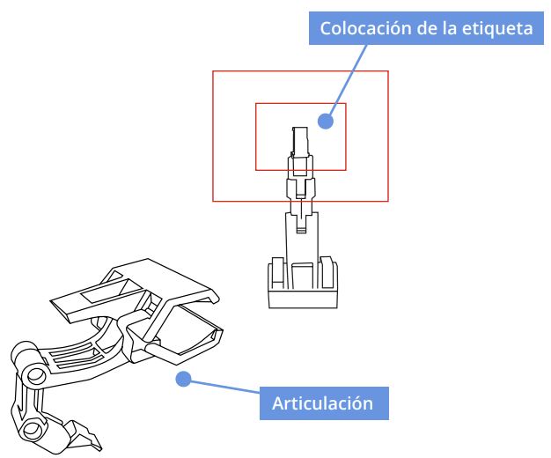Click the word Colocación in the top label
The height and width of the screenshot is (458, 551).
tap(365, 28)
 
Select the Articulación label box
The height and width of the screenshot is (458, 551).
tap(324, 403)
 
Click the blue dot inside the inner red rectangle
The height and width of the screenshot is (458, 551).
tap(326, 122)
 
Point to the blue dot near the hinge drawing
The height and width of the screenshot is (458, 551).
tap(183, 379)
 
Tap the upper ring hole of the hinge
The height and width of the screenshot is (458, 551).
tap(36, 376)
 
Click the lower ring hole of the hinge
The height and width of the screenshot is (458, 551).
tap(33, 429)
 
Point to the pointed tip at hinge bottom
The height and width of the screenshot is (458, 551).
tap(100, 449)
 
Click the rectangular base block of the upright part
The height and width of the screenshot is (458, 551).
tap(303, 299)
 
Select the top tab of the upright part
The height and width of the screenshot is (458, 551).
tap(300, 141)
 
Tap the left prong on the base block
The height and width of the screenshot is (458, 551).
tap(277, 273)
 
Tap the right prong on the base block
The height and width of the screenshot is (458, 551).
tap(327, 272)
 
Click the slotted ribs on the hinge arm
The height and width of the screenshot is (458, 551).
tap(75, 356)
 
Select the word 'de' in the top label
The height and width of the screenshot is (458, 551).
tap(427, 28)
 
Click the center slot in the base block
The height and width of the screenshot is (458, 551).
tap(302, 276)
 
